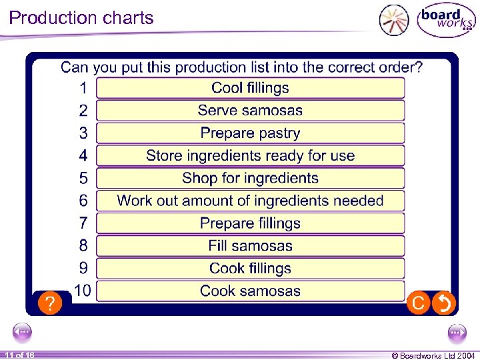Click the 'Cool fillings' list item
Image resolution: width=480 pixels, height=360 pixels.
[x=250, y=88]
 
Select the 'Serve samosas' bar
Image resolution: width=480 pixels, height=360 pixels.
[x=250, y=111]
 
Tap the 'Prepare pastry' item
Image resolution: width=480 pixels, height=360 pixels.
[x=250, y=133]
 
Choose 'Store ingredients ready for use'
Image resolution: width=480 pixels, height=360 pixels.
[x=250, y=156]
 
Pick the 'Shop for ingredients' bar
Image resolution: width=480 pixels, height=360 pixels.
[x=250, y=179]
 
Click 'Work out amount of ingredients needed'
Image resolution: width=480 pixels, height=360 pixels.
[x=250, y=201]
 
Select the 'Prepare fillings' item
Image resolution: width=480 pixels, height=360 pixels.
[x=250, y=223]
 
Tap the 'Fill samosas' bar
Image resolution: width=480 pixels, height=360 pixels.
[x=250, y=246]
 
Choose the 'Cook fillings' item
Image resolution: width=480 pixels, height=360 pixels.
[x=250, y=269]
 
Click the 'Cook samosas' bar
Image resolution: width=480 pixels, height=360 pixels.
[x=250, y=291]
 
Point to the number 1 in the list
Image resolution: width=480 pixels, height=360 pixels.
[x=83, y=88]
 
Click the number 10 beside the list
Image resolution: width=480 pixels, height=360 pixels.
[x=83, y=291]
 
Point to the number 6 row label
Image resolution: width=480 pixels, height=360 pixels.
[x=83, y=201]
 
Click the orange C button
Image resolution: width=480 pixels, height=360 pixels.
[x=419, y=303]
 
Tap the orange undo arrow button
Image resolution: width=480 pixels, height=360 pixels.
[x=443, y=303]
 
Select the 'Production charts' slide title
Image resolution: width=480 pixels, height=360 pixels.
[x=81, y=18]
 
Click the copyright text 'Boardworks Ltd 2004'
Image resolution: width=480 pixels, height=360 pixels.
[x=433, y=355]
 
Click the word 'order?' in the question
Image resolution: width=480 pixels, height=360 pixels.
[x=399, y=67]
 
